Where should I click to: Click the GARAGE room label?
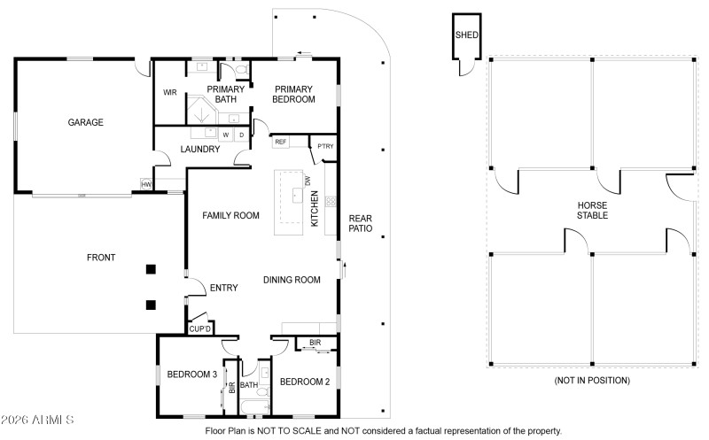click(x=86, y=122)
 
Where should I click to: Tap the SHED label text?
click(x=466, y=35)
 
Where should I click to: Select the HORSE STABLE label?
click(x=593, y=209)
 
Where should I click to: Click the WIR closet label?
click(x=170, y=92)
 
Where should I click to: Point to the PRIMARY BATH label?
click(x=225, y=94)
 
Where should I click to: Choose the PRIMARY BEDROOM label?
click(x=294, y=94)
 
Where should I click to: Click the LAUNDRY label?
click(x=199, y=149)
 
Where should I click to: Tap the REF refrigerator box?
click(x=280, y=142)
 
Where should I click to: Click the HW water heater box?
click(x=146, y=184)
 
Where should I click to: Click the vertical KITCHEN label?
click(x=315, y=212)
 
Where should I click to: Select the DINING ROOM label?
click(x=292, y=280)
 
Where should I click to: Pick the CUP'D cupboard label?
click(x=199, y=329)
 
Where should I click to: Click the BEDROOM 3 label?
click(x=190, y=374)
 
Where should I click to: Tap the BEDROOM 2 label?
click(x=304, y=382)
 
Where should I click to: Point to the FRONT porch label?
click(x=100, y=258)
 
